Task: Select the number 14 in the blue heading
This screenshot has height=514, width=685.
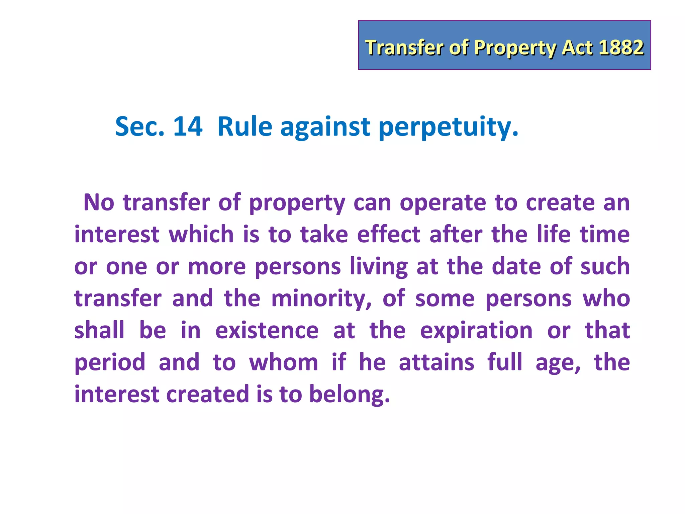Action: [x=188, y=126]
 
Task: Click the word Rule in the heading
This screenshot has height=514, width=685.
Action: [x=245, y=126]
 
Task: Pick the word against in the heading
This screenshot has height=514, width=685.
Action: [x=325, y=127]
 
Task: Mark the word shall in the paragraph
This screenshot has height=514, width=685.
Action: [x=99, y=330]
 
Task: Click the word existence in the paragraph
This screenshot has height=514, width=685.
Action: [x=267, y=330]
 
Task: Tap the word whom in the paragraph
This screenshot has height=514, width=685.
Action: [x=283, y=362]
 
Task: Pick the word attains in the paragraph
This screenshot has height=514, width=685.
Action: [x=436, y=362]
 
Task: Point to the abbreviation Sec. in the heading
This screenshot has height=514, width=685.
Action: [x=140, y=126]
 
